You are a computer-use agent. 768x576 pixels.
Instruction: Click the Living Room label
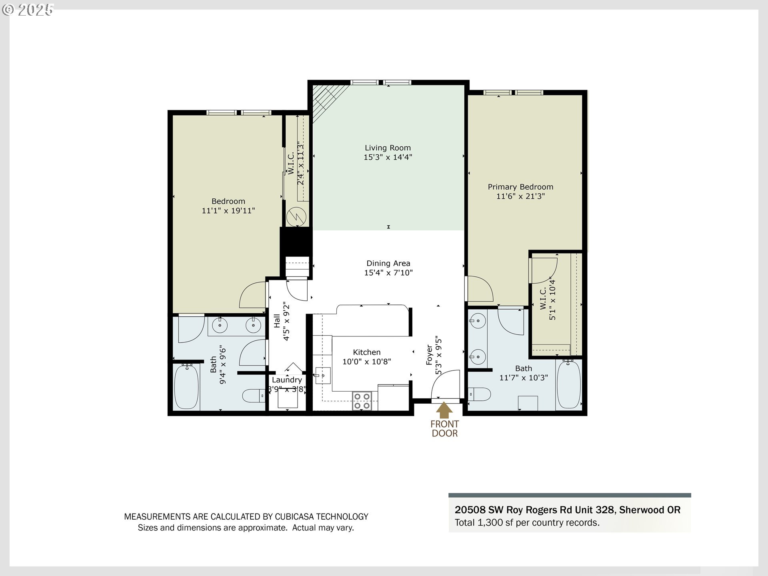coord(387,148)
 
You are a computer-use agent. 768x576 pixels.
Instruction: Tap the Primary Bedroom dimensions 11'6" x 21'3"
coord(520,196)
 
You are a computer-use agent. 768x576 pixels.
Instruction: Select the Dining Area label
coord(388,263)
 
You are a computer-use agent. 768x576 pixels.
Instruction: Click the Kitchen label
coord(366,352)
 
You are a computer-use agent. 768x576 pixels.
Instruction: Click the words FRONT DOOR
coord(444,428)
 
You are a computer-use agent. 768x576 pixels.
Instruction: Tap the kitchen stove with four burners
coord(362,401)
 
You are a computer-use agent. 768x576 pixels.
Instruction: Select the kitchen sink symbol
coord(322,376)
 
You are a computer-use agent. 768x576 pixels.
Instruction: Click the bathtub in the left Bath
coord(186,386)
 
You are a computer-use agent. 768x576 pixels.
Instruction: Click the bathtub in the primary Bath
coord(568,384)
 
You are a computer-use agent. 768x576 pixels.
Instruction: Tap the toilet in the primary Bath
coord(479,394)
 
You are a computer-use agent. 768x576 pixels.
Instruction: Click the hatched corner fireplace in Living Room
coord(325,100)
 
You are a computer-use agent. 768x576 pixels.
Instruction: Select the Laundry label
coord(287,380)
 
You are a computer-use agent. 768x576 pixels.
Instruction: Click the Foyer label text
coord(430,355)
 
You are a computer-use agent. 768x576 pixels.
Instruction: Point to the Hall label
coord(277,321)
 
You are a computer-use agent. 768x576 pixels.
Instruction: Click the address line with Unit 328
coord(567,510)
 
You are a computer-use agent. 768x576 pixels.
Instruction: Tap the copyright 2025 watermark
coord(28,10)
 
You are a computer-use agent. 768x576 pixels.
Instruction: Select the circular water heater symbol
coord(296,217)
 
